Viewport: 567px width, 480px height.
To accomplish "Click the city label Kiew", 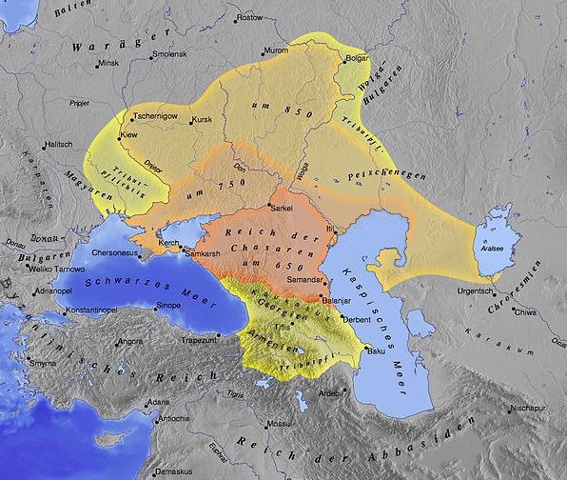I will click(127, 136).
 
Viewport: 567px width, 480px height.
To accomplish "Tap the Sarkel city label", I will click(282, 207).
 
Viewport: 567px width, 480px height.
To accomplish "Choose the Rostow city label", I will click(250, 18).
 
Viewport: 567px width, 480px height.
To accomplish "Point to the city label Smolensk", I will click(182, 54).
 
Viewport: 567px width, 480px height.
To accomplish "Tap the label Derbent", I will click(356, 320).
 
